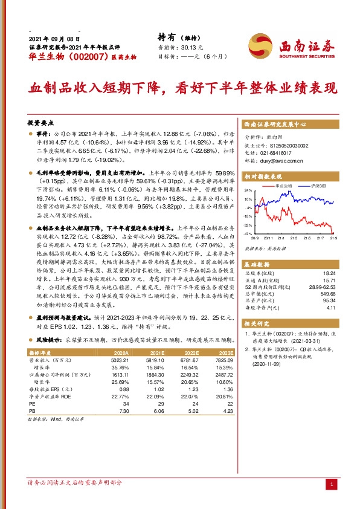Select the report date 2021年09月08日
54,37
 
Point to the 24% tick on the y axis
248,190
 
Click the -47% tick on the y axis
248,233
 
